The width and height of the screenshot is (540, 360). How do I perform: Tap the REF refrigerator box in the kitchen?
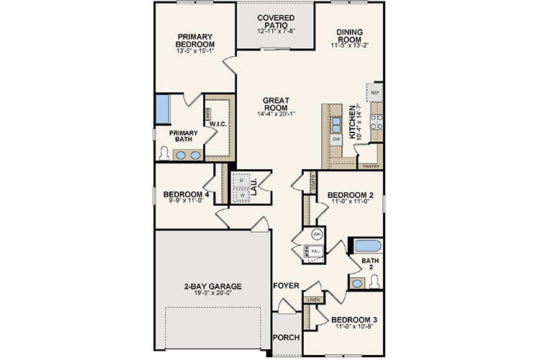374,94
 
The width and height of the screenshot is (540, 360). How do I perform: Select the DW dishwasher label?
336,138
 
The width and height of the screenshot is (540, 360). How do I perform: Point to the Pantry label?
371,166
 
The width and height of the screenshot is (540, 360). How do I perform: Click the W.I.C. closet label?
218,124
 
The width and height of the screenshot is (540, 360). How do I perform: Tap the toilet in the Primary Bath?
165,153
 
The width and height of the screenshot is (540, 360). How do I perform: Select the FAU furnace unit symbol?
314,251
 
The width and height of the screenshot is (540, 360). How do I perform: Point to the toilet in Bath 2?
374,282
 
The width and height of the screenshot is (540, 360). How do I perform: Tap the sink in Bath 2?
357,284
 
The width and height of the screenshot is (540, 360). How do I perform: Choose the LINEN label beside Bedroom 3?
312,299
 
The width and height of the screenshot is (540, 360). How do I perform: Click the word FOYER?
286,286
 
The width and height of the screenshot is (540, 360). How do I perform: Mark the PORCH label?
285,337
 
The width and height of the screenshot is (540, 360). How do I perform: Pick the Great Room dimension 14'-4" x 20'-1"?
276,114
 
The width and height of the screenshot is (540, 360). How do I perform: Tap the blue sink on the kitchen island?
336,123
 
